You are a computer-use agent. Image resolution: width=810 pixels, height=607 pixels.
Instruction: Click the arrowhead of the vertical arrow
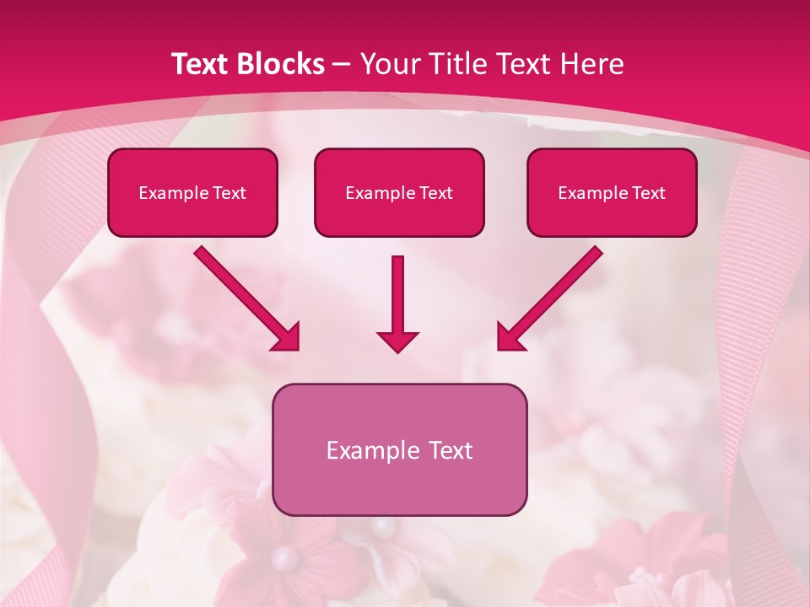click(x=398, y=341)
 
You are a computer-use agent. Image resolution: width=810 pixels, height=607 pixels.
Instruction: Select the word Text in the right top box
click(x=648, y=193)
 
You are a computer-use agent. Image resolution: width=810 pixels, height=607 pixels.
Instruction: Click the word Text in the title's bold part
click(x=201, y=64)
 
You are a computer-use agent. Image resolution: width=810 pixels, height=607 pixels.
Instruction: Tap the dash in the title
click(x=343, y=64)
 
